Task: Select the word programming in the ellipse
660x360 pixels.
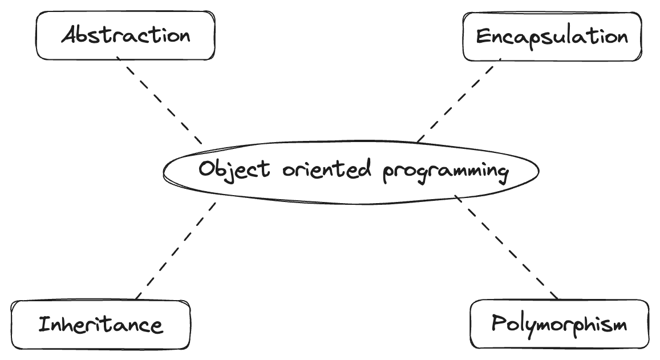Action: click(445, 171)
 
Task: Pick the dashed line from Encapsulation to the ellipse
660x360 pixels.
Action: click(456, 102)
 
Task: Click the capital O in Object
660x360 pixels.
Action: click(206, 169)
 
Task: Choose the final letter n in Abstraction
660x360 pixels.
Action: click(184, 37)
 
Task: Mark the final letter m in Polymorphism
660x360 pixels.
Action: click(618, 326)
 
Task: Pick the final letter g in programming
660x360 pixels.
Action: click(502, 173)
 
